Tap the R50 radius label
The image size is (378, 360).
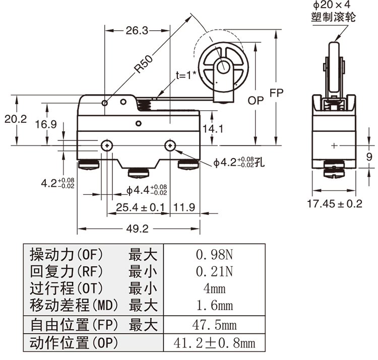point(144,63)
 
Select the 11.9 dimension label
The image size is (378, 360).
point(185,207)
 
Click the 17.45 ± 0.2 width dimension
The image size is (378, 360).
point(335,204)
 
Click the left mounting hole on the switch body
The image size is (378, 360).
point(107,145)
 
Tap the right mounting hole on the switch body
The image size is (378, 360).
point(170,145)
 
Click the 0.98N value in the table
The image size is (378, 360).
point(215,254)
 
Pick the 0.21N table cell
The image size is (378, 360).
point(215,271)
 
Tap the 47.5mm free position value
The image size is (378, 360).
point(215,325)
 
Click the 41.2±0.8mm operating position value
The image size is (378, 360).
point(215,343)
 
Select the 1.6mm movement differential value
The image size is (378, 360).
point(215,306)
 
